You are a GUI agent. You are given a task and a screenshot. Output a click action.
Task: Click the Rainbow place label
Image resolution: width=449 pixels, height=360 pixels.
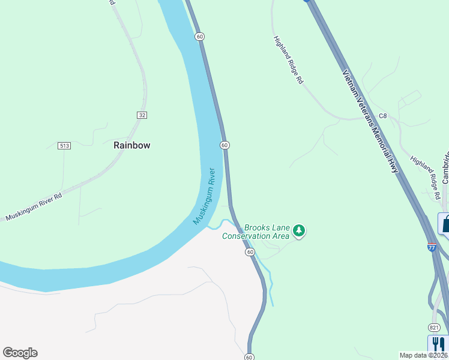coord(131,145)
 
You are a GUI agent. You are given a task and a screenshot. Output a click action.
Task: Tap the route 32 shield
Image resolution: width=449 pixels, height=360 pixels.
coord(142,115)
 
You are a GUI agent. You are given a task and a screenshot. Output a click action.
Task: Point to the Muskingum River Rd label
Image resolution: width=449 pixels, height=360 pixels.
coord(34,206)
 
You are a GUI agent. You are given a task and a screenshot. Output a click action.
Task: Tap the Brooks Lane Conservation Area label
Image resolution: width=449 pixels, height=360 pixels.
coord(256,232)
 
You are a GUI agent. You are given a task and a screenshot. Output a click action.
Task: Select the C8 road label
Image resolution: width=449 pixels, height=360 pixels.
coord(383,116)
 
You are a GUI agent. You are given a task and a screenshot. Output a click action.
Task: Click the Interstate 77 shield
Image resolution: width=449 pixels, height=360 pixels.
coord(432,247)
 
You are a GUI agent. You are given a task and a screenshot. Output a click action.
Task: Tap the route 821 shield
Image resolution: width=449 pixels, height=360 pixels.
coord(435,327)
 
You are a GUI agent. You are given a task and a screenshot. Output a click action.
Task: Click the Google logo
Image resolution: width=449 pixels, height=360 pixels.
coord(20,353)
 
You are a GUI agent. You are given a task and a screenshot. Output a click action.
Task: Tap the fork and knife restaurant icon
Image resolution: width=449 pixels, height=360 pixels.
coord(438,344)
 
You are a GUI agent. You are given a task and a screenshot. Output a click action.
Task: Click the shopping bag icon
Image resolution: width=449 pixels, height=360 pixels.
coord(445,223)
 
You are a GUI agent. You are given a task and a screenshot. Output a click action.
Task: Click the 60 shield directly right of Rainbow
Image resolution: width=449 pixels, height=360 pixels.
coord(224,145)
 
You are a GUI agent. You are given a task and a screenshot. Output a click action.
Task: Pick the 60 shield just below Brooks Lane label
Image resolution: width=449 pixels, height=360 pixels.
coord(250,253)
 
